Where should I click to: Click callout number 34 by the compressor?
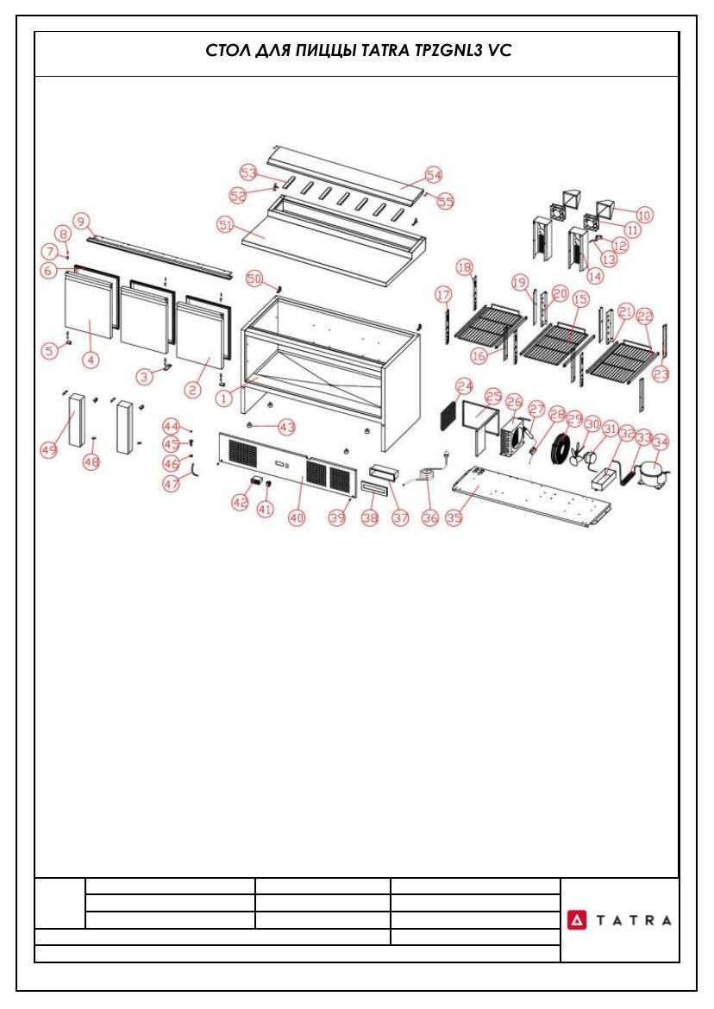661,442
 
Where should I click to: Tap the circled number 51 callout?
225,225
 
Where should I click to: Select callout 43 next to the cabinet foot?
286,426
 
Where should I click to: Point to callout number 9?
80,222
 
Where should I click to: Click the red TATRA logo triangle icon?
576,920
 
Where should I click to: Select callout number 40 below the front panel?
297,518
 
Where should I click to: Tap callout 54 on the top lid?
434,174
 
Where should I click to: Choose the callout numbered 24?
465,386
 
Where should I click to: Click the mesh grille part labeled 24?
449,417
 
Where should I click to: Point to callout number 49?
49,450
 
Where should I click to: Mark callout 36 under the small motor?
429,517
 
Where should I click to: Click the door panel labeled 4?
91,310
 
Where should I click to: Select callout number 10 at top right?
644,214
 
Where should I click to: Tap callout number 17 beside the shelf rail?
443,295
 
